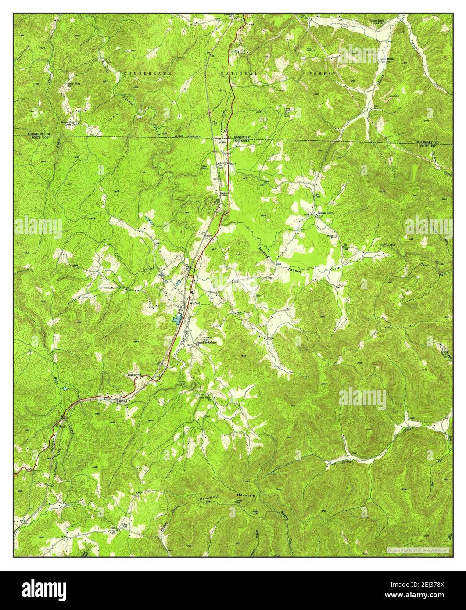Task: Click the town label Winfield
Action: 194,303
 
